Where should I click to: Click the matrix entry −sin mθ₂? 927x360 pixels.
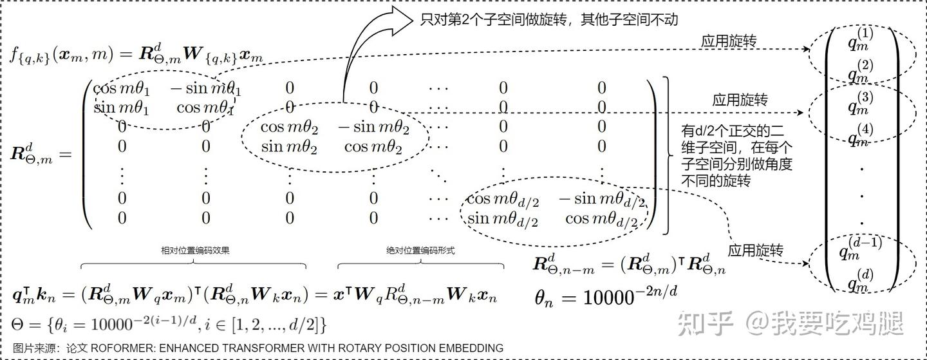click(x=373, y=127)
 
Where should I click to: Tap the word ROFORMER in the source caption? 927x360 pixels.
click(x=120, y=348)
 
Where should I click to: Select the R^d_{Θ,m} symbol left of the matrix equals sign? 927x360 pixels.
click(x=33, y=155)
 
